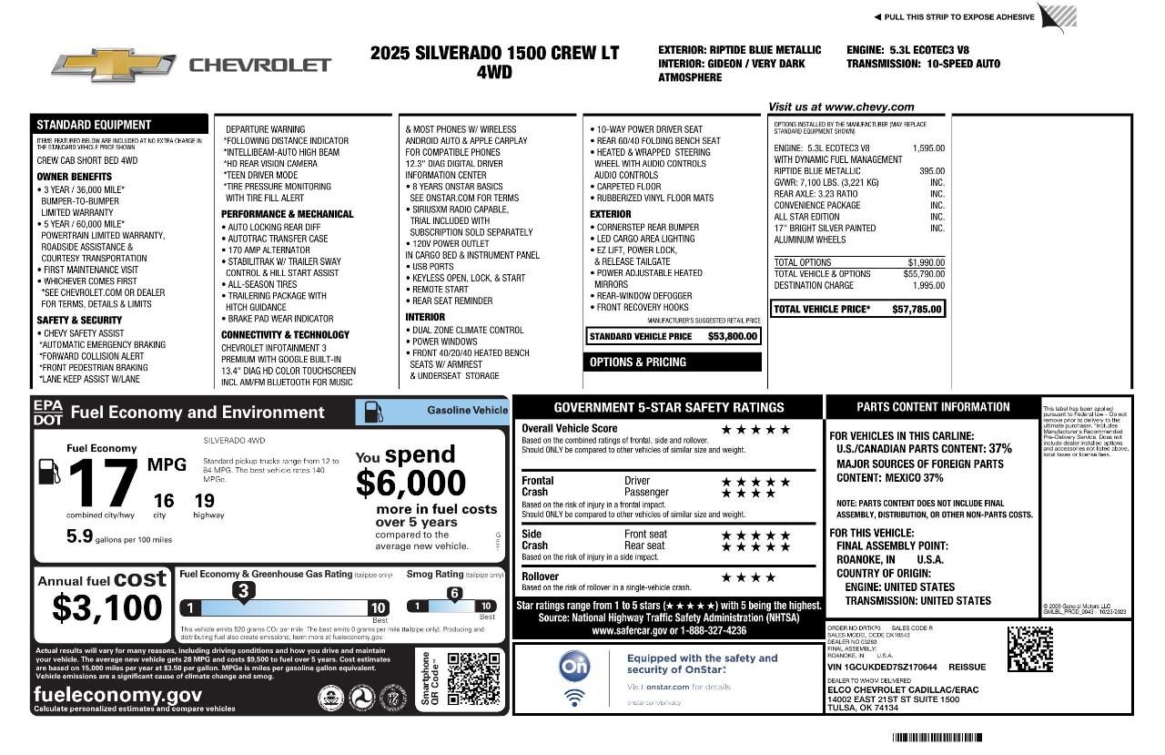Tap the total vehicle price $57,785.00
click(x=917, y=310)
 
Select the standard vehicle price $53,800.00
click(x=732, y=337)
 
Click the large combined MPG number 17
click(x=102, y=484)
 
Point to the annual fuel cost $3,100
click(x=106, y=607)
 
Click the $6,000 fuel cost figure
click(x=410, y=483)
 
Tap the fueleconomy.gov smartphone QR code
click(x=473, y=678)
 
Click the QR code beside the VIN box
click(x=1029, y=649)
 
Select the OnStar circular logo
click(x=574, y=667)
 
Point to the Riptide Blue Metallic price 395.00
click(x=931, y=171)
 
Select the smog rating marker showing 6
click(x=454, y=594)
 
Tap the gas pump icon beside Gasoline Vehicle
click(x=374, y=411)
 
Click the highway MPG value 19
click(x=205, y=500)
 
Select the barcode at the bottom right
click(x=937, y=737)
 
